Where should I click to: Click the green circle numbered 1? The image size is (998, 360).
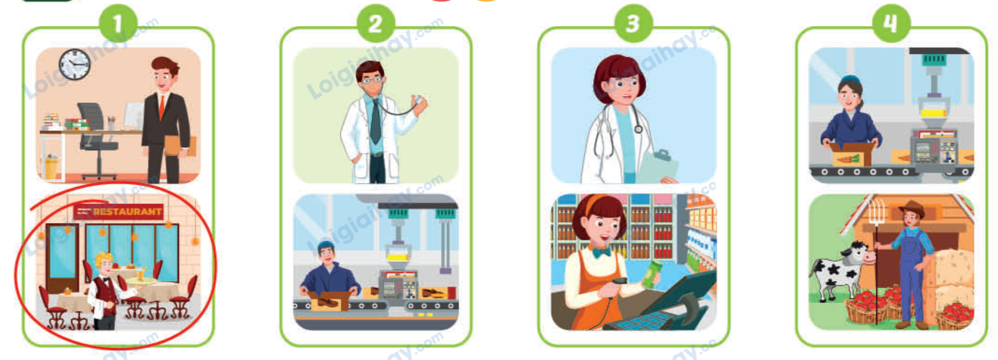(117, 24)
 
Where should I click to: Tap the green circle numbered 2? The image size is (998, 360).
(375, 24)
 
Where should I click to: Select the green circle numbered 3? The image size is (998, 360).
(633, 24)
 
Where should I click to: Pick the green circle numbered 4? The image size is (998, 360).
(890, 24)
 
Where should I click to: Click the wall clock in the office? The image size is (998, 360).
(74, 65)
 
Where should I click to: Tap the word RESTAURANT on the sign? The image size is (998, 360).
(127, 212)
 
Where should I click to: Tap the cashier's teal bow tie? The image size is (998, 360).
(601, 252)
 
